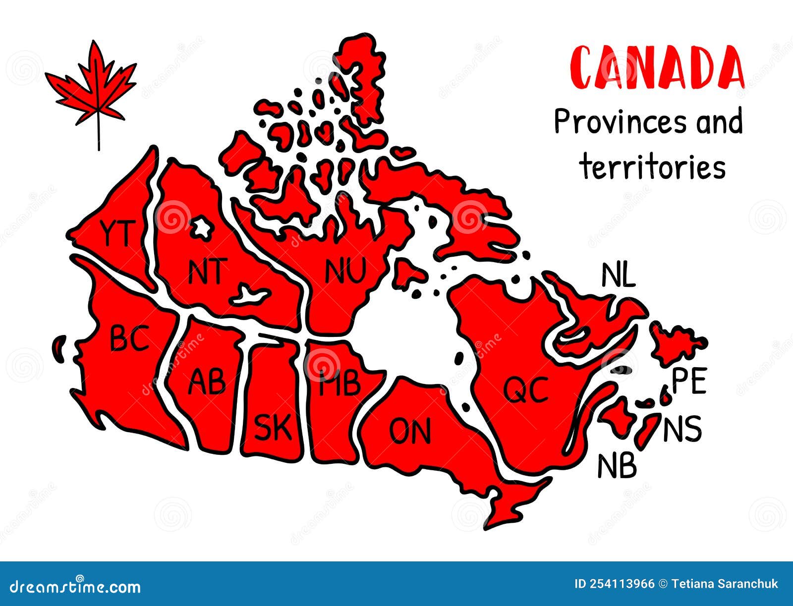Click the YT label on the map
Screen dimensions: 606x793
pyautogui.click(x=117, y=233)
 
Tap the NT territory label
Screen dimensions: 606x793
pyautogui.click(x=208, y=271)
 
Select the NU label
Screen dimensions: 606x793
pyautogui.click(x=345, y=271)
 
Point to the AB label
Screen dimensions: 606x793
pyautogui.click(x=207, y=382)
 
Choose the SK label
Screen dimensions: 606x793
pyautogui.click(x=273, y=428)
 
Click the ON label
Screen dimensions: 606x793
pyautogui.click(x=410, y=431)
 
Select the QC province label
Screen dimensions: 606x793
pyautogui.click(x=526, y=389)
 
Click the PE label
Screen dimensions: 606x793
pyautogui.click(x=689, y=382)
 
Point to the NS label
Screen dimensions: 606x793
pyautogui.click(x=682, y=429)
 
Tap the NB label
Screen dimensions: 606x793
pyautogui.click(x=617, y=466)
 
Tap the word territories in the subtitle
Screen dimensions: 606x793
pyautogui.click(x=653, y=167)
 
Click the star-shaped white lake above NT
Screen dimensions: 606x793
pyautogui.click(x=201, y=227)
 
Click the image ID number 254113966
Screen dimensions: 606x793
pyautogui.click(x=622, y=584)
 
